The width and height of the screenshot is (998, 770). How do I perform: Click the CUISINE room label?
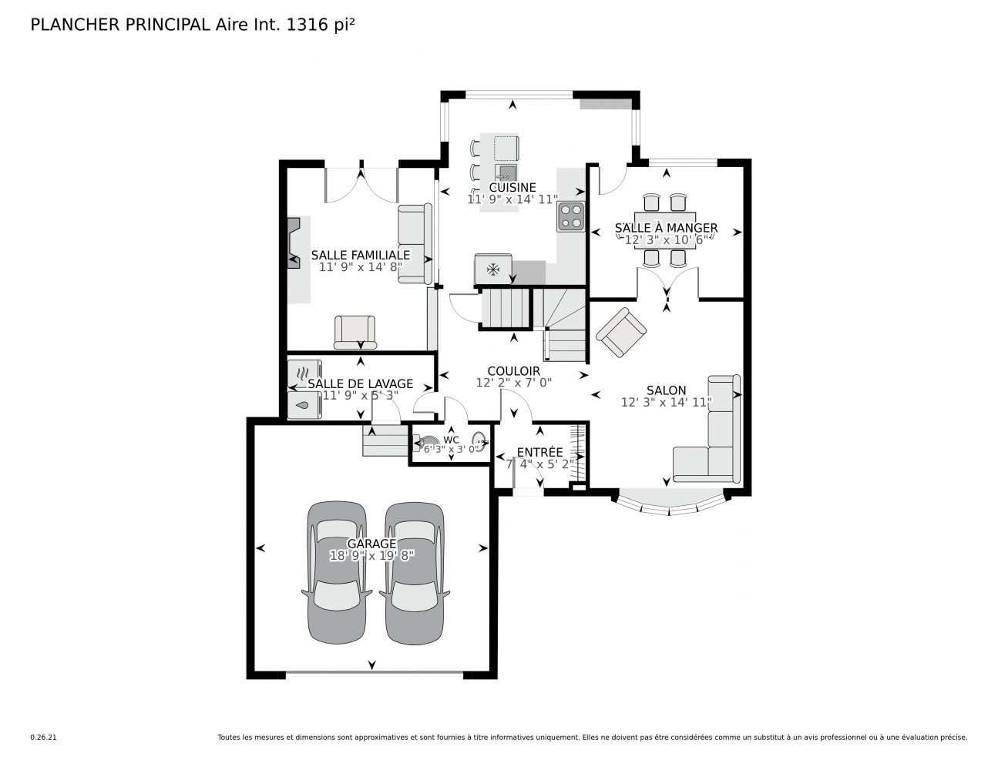point(512,187)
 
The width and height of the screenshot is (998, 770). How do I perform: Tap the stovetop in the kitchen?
point(571,216)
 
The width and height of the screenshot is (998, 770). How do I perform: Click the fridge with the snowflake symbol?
point(492,269)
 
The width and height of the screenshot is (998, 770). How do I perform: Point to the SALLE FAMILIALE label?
point(361,255)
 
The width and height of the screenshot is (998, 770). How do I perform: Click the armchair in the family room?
point(355,332)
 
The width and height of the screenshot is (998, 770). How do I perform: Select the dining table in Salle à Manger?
point(665,230)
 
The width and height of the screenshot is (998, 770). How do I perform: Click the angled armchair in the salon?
point(621,332)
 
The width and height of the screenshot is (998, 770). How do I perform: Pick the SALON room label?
point(666,390)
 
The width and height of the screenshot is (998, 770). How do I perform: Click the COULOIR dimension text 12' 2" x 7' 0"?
point(513,383)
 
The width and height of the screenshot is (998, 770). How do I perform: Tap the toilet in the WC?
point(426,444)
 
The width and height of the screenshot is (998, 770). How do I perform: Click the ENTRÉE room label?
point(539,453)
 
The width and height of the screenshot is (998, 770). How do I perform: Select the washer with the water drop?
point(304,405)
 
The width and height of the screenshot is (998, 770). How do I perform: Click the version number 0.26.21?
point(43,738)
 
